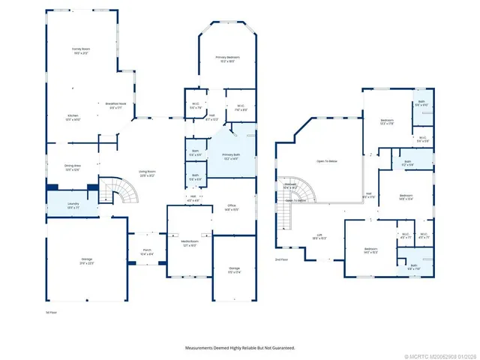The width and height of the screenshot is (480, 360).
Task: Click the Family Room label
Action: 81,50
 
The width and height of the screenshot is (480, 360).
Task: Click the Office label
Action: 232,208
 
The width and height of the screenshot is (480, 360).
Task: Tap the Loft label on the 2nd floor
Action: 319,235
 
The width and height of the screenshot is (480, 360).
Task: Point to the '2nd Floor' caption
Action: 281,259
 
